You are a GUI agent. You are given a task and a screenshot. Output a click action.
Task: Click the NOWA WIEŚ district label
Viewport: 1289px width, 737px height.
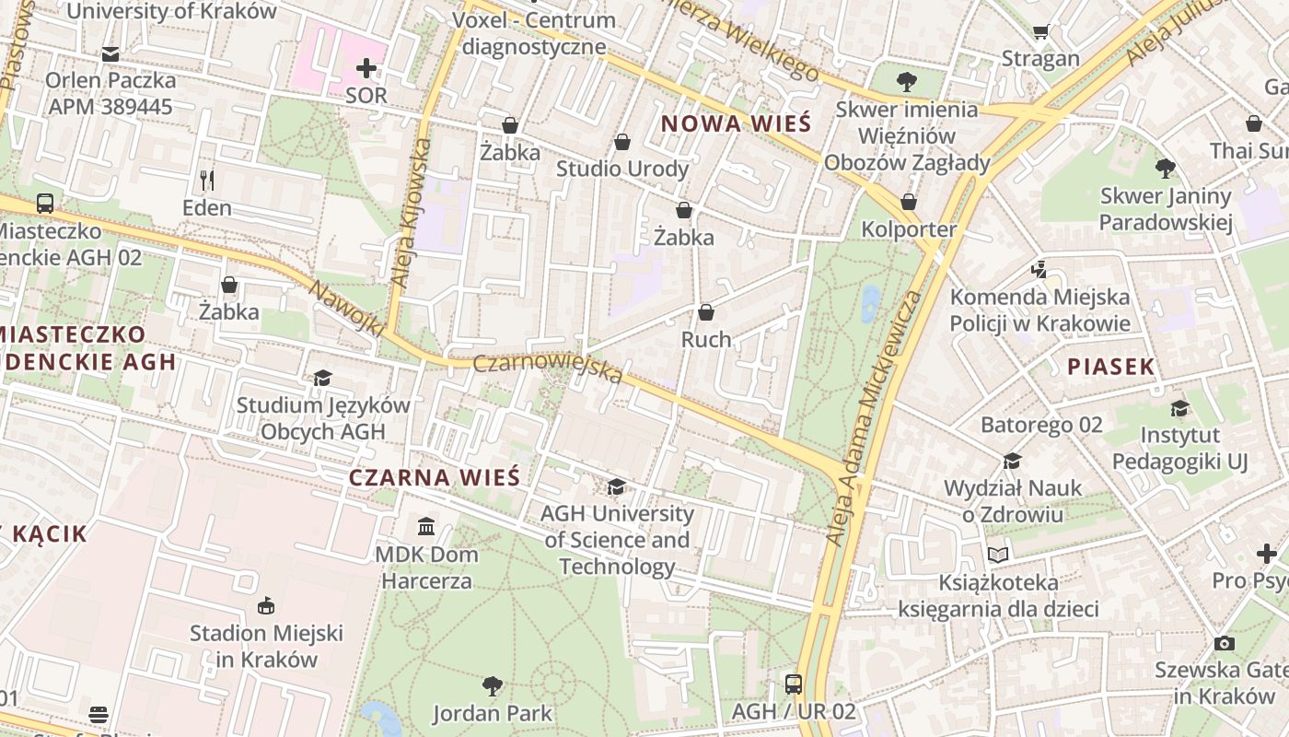(x=736, y=123)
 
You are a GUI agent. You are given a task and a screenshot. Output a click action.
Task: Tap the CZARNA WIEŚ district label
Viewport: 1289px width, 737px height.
(x=435, y=477)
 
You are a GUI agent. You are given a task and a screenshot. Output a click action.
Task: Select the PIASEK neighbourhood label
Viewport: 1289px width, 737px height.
(x=1110, y=366)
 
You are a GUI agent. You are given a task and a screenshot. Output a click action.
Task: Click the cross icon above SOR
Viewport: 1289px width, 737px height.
(x=366, y=68)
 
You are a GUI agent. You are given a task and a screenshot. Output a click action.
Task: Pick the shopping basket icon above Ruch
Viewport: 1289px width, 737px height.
(x=706, y=312)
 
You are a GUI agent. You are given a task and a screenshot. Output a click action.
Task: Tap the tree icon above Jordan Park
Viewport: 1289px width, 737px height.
(x=493, y=685)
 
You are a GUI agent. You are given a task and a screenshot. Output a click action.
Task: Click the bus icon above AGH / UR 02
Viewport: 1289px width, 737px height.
(x=794, y=684)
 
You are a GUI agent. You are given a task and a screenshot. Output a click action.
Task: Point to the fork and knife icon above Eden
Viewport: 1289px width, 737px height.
(x=207, y=180)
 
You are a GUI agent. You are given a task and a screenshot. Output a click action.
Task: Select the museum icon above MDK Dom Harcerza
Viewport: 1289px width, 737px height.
(x=426, y=526)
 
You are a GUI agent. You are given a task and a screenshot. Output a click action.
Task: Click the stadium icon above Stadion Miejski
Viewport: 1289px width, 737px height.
(x=266, y=605)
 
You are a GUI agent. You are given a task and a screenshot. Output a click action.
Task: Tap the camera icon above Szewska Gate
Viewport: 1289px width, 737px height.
(x=1224, y=642)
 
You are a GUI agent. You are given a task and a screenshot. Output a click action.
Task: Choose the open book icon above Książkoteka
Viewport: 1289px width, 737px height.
(x=998, y=555)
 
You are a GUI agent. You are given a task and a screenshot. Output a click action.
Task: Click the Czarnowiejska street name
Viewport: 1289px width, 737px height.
(x=547, y=368)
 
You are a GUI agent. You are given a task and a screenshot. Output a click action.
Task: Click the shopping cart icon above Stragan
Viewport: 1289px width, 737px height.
(x=1040, y=32)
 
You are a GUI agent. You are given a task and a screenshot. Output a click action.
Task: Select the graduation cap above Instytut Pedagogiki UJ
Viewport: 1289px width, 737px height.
(x=1179, y=408)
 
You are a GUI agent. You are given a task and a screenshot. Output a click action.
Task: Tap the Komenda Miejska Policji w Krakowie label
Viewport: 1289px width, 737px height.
(x=1039, y=310)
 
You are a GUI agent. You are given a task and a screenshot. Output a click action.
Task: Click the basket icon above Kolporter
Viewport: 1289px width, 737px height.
(x=909, y=202)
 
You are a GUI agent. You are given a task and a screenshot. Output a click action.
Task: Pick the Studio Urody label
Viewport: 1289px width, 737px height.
(x=622, y=169)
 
